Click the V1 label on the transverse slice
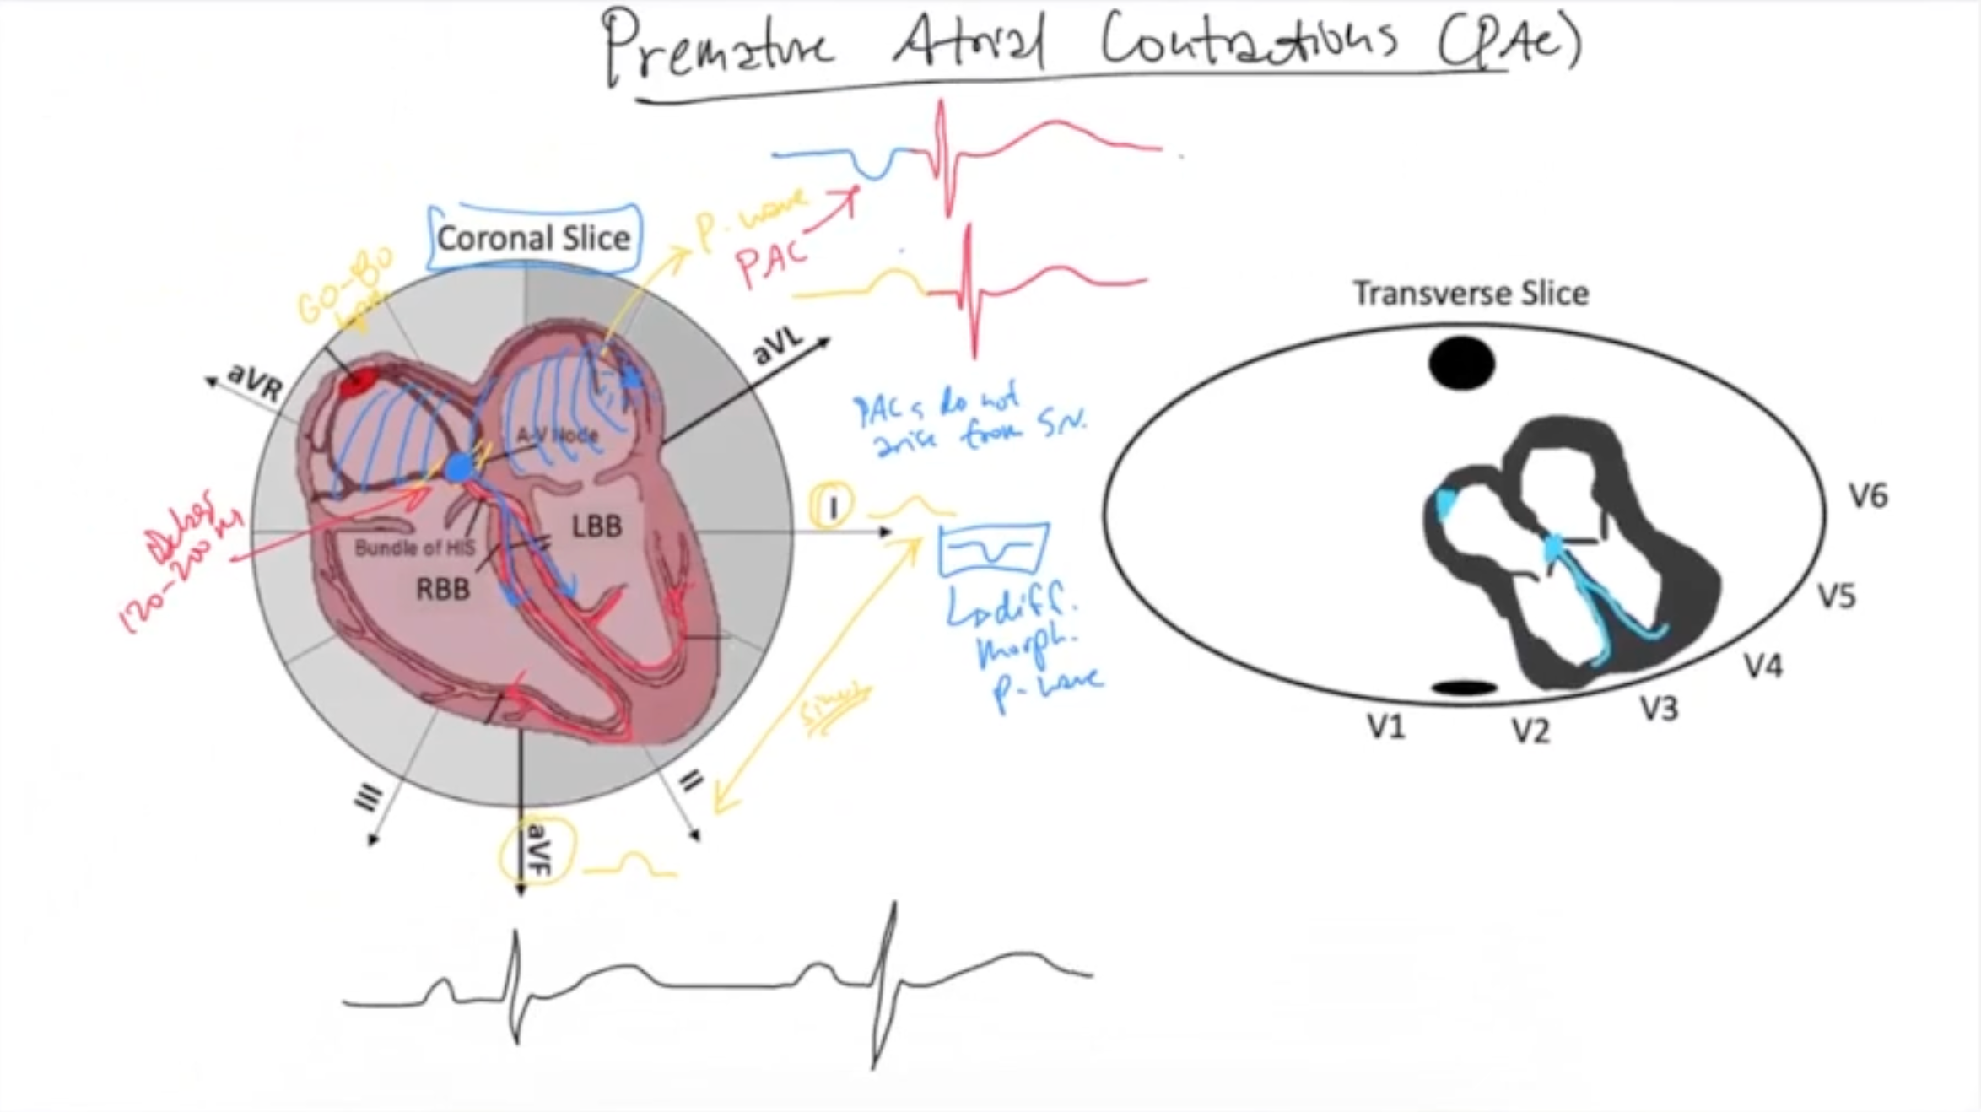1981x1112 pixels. (x=1386, y=726)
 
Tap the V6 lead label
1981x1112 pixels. (x=1868, y=496)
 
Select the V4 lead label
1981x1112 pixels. (x=1764, y=667)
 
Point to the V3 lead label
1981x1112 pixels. (x=1659, y=709)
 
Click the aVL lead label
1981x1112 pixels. (x=778, y=346)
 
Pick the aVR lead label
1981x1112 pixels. (x=256, y=381)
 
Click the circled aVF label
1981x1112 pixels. (x=537, y=850)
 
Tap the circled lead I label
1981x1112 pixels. (x=832, y=507)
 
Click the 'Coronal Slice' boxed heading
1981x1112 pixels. (x=533, y=239)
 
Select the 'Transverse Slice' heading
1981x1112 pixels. (x=1471, y=294)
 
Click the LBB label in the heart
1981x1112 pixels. (x=596, y=526)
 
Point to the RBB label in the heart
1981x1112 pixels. (x=443, y=589)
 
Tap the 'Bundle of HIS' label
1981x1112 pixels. (x=414, y=548)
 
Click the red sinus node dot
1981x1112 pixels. (x=357, y=383)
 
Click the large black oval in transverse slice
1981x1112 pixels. (x=1461, y=364)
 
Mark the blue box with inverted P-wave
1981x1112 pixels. (x=995, y=549)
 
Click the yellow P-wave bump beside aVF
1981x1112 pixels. (x=633, y=864)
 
